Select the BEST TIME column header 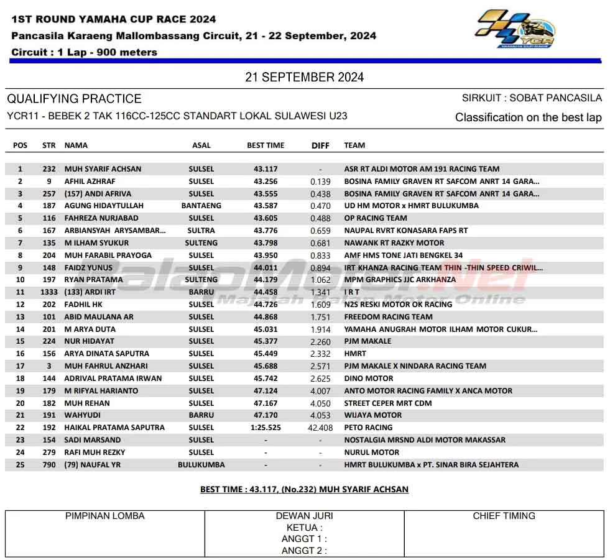[266, 145]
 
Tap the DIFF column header [320, 145]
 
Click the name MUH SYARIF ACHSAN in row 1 [103, 169]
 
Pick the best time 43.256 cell [266, 181]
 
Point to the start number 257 [50, 194]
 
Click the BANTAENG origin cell [201, 206]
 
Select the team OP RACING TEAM [376, 218]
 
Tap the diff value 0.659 [320, 231]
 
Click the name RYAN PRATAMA [93, 280]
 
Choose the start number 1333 [49, 292]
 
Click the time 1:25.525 [266, 428]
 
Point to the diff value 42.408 [320, 428]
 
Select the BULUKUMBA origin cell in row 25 [201, 465]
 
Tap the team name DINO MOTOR [369, 379]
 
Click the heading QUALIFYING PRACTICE [74, 99]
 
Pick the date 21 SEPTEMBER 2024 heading [305, 78]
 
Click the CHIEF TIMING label [504, 516]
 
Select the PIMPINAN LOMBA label [105, 516]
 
